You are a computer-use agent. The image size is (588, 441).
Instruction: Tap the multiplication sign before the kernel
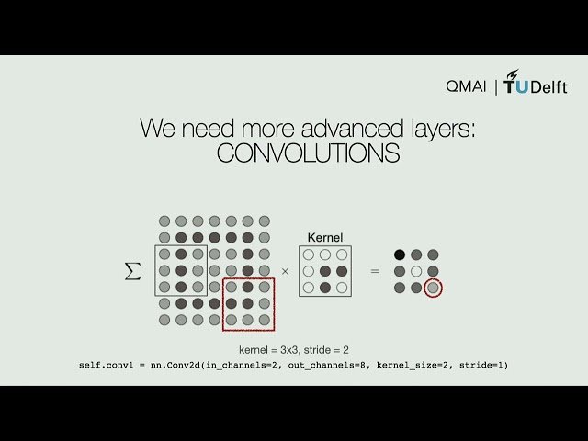[284, 271]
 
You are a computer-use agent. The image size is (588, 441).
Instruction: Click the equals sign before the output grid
[374, 271]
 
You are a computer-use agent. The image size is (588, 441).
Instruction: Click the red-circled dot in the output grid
[433, 288]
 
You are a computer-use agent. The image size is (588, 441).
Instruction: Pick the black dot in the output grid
[400, 254]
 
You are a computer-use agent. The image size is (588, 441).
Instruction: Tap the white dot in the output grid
[416, 271]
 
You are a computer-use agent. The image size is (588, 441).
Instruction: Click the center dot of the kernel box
[324, 271]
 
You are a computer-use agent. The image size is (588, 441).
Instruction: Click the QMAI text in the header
[466, 86]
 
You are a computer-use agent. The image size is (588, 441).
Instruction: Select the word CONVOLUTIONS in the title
[308, 154]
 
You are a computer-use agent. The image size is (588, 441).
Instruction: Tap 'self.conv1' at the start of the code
[103, 366]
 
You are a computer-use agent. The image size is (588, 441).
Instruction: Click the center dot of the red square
[247, 303]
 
